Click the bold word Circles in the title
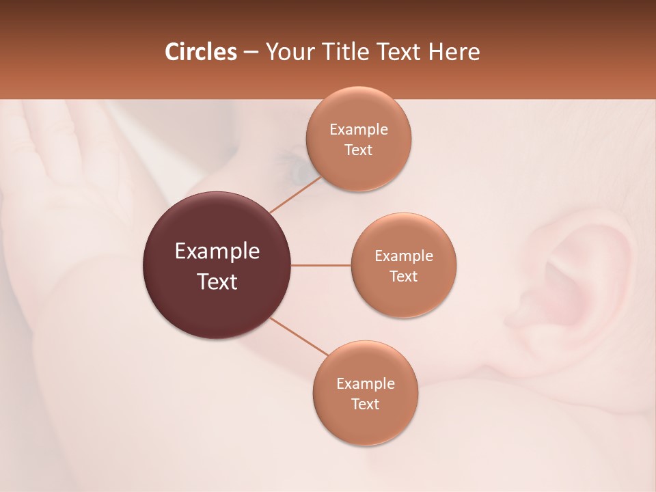point(200,52)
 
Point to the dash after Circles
point(251,53)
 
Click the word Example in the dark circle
point(217,251)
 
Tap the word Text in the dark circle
point(217,282)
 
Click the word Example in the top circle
point(359,130)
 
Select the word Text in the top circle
point(359,150)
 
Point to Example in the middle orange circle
point(404,256)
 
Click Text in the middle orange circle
point(404,277)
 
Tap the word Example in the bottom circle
point(366,384)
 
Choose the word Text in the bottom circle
point(366,405)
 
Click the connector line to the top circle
point(295,195)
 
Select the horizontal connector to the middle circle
point(321,265)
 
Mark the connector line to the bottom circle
point(299,336)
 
